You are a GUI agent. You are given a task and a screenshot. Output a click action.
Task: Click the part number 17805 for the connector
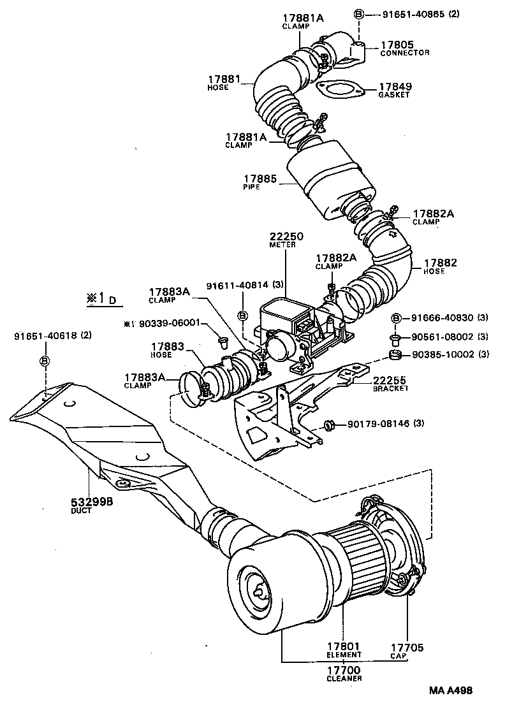[397, 45]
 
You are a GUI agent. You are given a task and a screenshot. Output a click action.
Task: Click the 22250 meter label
[286, 236]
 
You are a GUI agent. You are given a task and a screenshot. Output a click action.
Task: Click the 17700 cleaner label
[344, 671]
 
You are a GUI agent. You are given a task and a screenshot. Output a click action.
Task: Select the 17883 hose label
[168, 346]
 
